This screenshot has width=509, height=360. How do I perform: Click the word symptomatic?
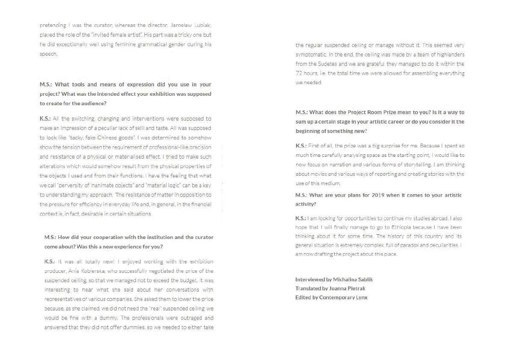[x=309, y=54]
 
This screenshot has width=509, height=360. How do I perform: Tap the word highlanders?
[x=449, y=54]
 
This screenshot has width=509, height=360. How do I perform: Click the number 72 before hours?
[x=299, y=73]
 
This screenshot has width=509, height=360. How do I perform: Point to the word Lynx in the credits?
[x=362, y=297]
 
